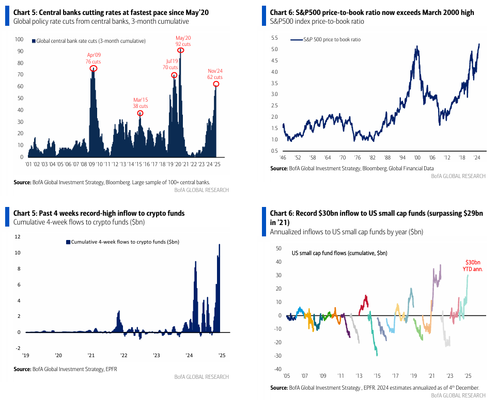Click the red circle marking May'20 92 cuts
[181, 50]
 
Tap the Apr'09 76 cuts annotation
[93, 58]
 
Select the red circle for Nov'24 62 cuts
[216, 84]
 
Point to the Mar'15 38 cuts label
[140, 103]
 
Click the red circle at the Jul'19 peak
[174, 75]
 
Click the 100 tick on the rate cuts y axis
[19, 39]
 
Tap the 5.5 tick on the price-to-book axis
[274, 38]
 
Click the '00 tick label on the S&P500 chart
[417, 157]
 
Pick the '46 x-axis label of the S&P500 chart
[283, 157]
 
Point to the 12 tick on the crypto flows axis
[17, 236]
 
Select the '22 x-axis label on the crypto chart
[124, 355]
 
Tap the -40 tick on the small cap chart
[277, 369]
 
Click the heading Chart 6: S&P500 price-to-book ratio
[371, 12]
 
